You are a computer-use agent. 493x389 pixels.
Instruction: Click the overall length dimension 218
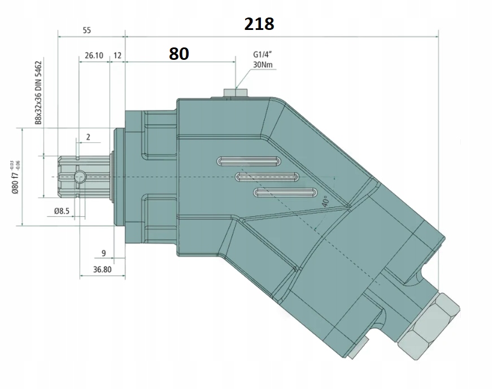pos(259,24)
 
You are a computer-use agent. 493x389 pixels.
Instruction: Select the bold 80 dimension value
pos(178,54)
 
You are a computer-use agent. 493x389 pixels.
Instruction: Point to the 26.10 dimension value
pos(94,55)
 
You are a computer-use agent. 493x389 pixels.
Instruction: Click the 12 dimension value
pos(117,55)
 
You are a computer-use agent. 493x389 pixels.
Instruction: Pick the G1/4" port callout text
pos(264,55)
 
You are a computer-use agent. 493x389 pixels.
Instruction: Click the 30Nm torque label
pos(264,65)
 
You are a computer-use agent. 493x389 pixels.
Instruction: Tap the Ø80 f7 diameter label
pos(16,177)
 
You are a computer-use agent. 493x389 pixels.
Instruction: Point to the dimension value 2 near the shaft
pos(88,137)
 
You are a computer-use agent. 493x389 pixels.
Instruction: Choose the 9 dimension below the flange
pos(103,253)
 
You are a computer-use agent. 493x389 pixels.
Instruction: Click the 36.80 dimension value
pos(102,270)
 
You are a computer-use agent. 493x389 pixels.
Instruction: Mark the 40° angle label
pos(325,202)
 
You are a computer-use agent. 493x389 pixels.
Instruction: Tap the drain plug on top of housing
pos(233,93)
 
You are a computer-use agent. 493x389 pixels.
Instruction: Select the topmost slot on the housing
pos(249,161)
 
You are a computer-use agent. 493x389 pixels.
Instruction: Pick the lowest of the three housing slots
pos(285,193)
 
